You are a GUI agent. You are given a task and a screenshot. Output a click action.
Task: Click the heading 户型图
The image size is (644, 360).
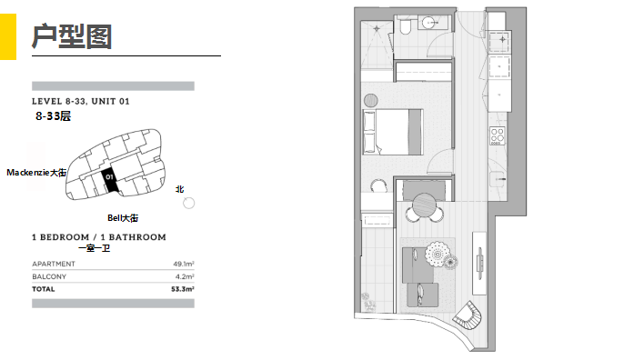(72, 36)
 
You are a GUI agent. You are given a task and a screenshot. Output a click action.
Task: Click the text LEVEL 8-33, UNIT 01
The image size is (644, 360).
(80, 102)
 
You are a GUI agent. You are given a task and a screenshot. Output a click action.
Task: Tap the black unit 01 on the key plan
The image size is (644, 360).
(110, 180)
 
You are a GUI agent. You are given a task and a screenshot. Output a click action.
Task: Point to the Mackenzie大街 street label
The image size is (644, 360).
(36, 173)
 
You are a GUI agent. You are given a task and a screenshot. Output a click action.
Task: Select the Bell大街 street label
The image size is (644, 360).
(123, 218)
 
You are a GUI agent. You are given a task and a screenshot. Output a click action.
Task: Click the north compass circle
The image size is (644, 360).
(188, 203)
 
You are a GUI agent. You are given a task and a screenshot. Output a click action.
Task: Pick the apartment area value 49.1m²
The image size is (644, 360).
(183, 264)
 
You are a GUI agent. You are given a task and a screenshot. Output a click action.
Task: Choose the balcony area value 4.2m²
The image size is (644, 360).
(185, 276)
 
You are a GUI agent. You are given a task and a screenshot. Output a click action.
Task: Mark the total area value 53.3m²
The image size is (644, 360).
(182, 289)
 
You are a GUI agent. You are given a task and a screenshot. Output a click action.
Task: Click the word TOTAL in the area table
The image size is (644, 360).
(43, 289)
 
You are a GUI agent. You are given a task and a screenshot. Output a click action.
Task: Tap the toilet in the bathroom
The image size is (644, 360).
(405, 26)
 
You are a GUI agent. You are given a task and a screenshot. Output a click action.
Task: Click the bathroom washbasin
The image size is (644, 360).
(430, 23)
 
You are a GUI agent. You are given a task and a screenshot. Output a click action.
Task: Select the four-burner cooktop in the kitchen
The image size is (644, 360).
(497, 135)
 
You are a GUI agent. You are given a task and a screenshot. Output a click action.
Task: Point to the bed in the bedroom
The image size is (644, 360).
(393, 132)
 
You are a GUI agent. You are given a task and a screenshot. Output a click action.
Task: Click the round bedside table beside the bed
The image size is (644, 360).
(371, 101)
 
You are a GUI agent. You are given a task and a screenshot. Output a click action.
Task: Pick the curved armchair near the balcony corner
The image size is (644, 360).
(467, 315)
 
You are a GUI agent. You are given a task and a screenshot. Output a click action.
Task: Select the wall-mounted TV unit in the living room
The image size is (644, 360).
(478, 263)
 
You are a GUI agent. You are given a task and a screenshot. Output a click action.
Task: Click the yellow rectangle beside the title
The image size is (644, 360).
(8, 37)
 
